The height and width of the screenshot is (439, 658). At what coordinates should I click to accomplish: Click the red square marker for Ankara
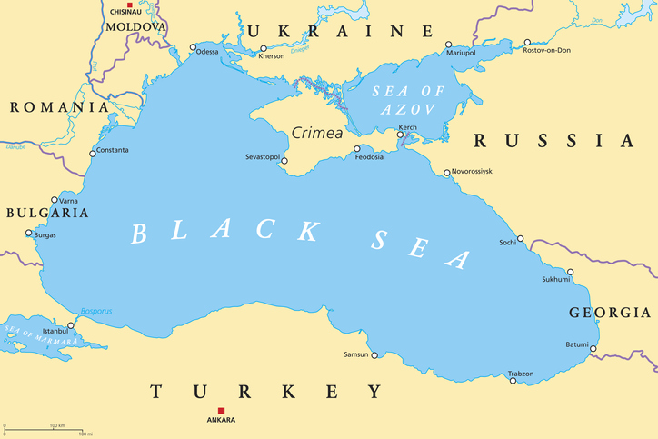pos(220,411)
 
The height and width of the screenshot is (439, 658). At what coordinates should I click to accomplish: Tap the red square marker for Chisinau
pos(130,5)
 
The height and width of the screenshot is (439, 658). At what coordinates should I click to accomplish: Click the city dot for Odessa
pos(193,47)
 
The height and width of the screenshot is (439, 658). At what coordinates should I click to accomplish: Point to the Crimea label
pos(317,133)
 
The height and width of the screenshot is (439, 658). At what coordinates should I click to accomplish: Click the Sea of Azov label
pos(405,99)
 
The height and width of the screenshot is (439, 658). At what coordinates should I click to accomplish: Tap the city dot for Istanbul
pos(72,324)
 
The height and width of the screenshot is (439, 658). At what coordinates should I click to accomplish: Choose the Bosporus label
pos(95,311)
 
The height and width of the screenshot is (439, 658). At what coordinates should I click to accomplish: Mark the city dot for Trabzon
pos(513,381)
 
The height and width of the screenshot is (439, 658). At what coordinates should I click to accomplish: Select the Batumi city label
pos(576,344)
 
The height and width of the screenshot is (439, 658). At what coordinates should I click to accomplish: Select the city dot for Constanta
pos(93,154)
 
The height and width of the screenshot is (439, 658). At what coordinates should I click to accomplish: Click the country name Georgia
pos(609,313)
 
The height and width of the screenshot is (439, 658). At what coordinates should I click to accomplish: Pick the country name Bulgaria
pos(46,213)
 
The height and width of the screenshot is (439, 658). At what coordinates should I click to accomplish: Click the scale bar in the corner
pos(45,428)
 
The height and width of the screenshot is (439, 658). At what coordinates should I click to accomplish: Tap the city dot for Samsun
pos(374,355)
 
